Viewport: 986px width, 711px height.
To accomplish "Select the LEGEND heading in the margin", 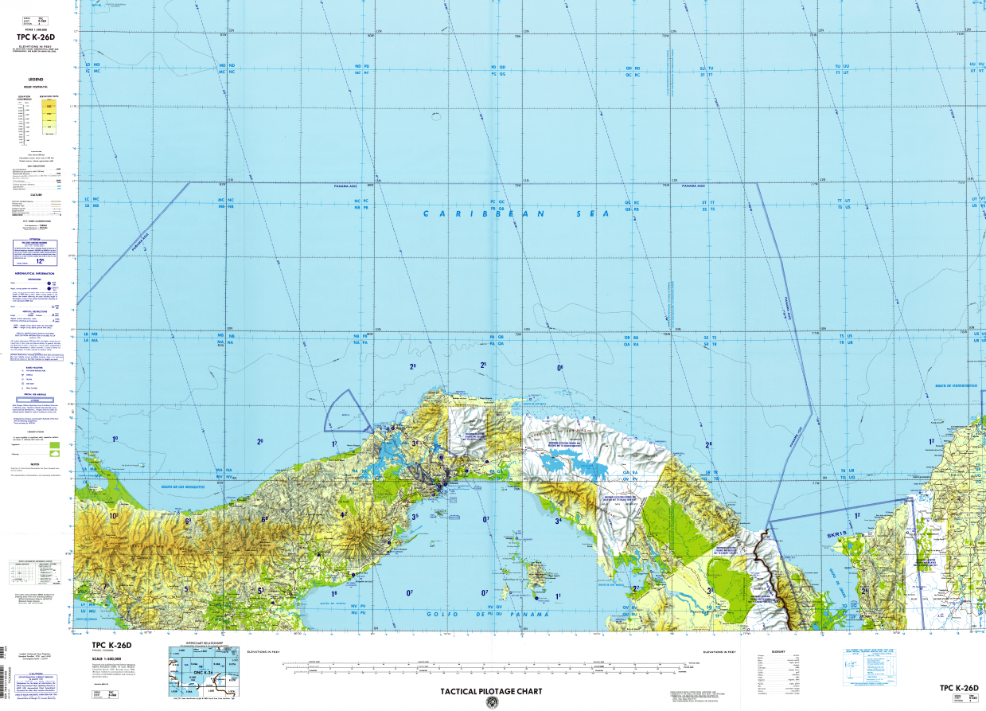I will click(x=36, y=80).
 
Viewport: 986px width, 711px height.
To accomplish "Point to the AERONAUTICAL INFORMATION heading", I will click(x=36, y=273).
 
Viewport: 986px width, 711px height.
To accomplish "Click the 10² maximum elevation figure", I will click(x=114, y=516).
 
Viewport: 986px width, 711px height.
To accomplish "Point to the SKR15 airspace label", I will click(x=836, y=531).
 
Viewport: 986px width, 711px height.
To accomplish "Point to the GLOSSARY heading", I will click(x=778, y=652).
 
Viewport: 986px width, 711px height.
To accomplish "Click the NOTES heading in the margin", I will click(x=36, y=464).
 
